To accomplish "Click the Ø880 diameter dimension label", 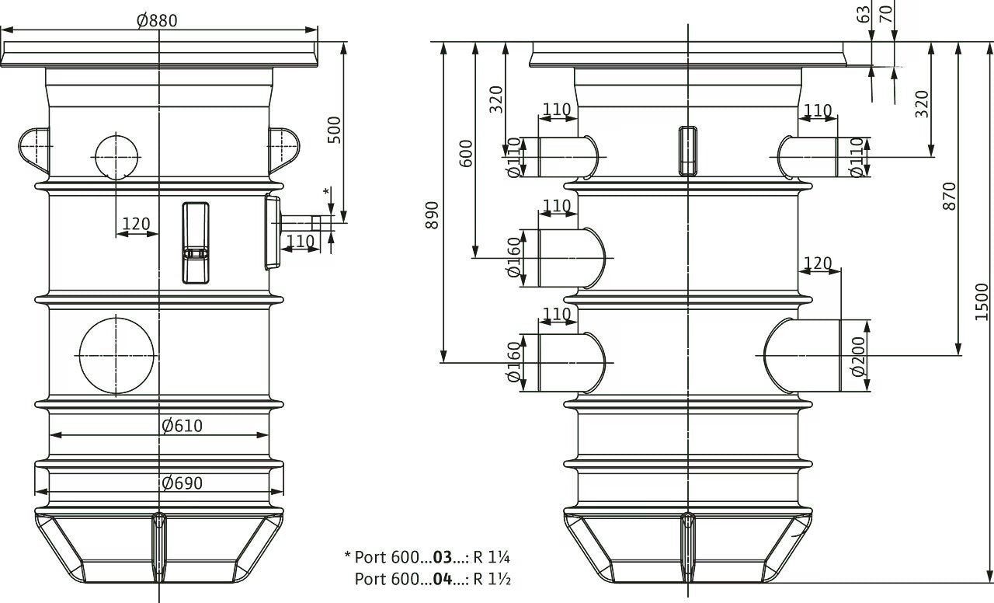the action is click(x=157, y=20).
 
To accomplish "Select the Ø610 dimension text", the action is click(x=182, y=426).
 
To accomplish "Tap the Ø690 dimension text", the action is click(x=182, y=483).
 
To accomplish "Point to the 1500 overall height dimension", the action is click(x=982, y=301).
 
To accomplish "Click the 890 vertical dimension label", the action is click(x=432, y=215).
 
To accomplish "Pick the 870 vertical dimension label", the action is click(x=949, y=196).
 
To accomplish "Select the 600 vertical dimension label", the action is click(x=466, y=153).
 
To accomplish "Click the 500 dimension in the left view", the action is click(x=334, y=130).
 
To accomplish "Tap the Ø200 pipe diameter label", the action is click(x=859, y=357).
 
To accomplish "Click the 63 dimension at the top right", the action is click(x=864, y=15).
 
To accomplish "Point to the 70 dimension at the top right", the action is click(x=886, y=15).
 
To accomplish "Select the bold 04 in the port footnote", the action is click(x=443, y=579).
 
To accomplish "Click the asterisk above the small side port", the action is click(x=327, y=192).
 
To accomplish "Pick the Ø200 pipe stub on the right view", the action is click(x=802, y=355).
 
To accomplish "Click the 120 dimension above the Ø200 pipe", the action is click(x=818, y=263).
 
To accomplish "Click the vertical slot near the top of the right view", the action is click(x=687, y=151).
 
